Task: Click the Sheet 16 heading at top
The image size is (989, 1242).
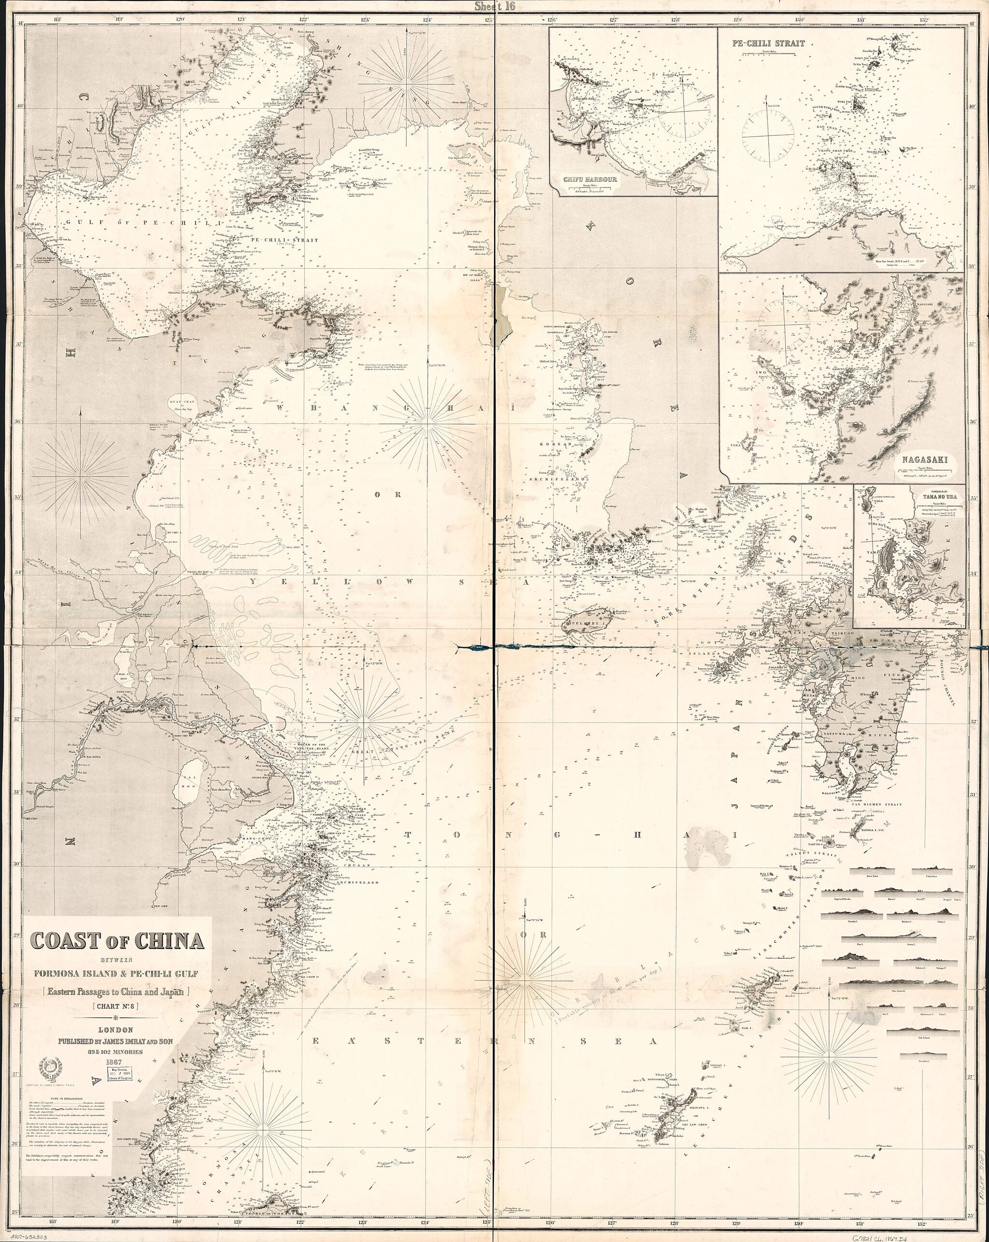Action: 494,6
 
